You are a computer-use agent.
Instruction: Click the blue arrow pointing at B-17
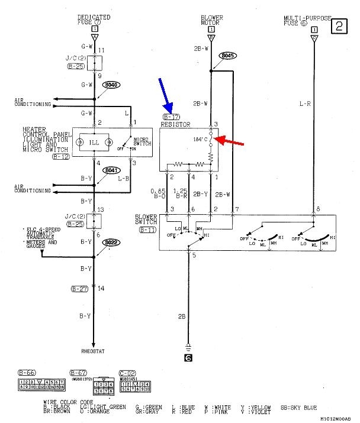(x=166, y=95)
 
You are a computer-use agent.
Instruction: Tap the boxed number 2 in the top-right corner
(x=339, y=25)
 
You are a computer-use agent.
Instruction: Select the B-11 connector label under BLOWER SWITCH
(x=147, y=228)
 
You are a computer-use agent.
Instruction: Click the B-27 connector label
(x=79, y=288)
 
